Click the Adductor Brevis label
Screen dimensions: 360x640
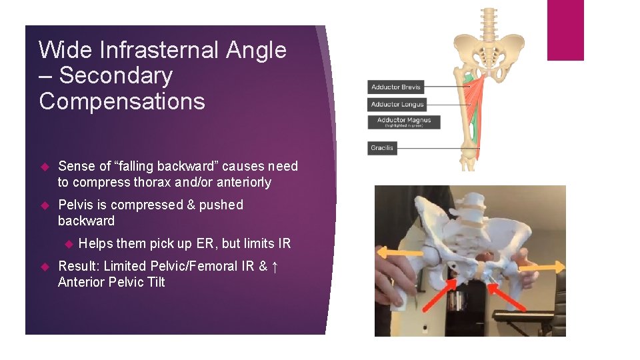[395, 87]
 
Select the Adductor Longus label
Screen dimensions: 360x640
[397, 105]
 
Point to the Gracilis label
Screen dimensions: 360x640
[382, 148]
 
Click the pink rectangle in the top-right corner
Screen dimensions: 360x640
[565, 30]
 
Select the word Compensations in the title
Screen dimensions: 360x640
[122, 101]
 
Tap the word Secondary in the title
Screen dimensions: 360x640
[115, 76]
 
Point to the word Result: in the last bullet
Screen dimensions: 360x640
[79, 266]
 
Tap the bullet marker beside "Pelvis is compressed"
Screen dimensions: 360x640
[45, 205]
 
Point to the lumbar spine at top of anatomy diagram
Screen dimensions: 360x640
[489, 23]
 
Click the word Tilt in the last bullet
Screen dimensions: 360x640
[157, 282]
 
